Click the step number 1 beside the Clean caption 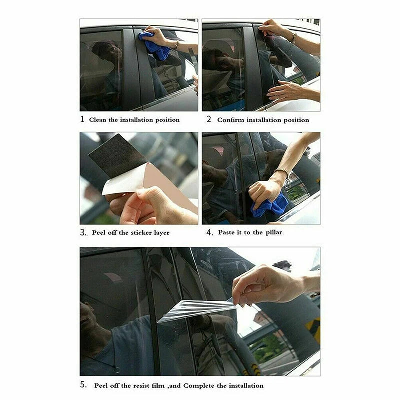82,119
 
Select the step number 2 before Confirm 209,119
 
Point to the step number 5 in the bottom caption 83,385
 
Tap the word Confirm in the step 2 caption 231,120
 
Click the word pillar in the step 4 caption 274,232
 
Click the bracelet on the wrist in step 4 282,173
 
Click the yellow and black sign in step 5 313,329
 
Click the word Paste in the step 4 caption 227,232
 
